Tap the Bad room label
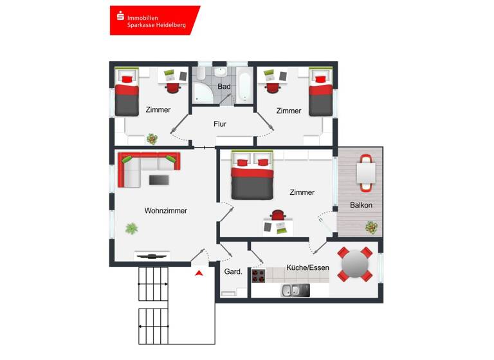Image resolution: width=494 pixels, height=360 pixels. coord(224,86)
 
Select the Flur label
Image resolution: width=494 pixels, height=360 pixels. coord(220,124)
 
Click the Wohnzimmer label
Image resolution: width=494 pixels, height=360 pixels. coord(166,210)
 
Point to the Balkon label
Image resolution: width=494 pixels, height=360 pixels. coord(361,205)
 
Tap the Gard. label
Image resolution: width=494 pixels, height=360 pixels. coord(233,272)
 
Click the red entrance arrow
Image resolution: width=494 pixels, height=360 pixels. coord(199,273)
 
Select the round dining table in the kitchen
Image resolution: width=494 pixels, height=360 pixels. coord(354,264)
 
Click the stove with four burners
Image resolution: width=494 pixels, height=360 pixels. coord(258,276)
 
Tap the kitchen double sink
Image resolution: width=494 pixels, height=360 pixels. coord(295,290)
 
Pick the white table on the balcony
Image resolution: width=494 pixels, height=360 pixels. coord(365,173)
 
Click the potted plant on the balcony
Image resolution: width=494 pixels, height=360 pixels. coord(371,226)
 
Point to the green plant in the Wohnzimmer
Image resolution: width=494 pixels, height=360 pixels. coord(132,228)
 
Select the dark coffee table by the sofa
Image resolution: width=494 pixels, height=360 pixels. coord(159,180)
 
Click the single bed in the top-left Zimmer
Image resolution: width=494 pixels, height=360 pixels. coord(127,94)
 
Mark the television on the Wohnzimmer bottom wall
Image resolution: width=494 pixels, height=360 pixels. coord(152,256)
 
